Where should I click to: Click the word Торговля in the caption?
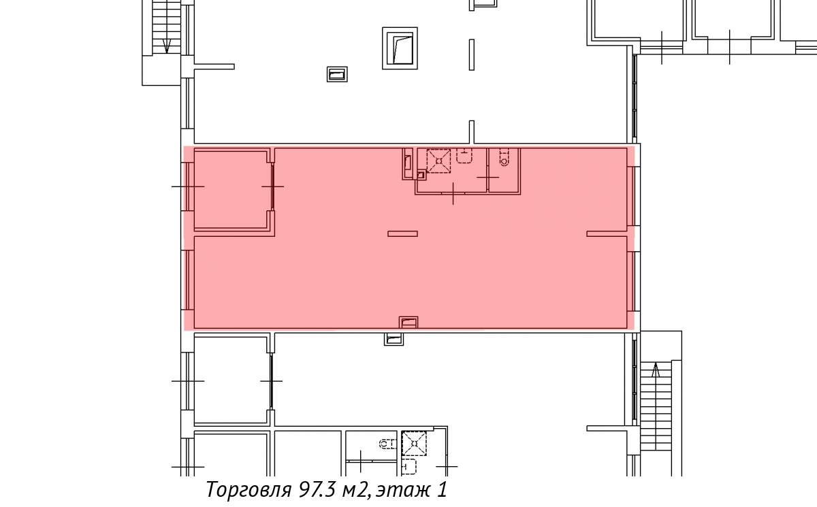pyautogui.click(x=249, y=490)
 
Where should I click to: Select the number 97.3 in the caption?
pyautogui.click(x=317, y=489)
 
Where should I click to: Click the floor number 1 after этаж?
pyautogui.click(x=442, y=489)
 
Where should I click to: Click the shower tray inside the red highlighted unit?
pyautogui.click(x=438, y=161)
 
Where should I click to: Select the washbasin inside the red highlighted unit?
pyautogui.click(x=464, y=156)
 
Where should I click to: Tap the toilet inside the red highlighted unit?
pyautogui.click(x=504, y=157)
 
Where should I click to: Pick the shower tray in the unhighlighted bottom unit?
pyautogui.click(x=414, y=444)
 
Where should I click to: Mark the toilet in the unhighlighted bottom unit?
pyautogui.click(x=387, y=444)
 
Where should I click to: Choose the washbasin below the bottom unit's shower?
pyautogui.click(x=409, y=467)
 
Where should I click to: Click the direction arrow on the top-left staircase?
pyautogui.click(x=167, y=45)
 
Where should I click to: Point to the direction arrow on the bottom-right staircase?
pyautogui.click(x=656, y=370)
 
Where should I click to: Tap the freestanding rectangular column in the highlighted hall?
pyautogui.click(x=402, y=233)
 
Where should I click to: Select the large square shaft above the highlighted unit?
pyautogui.click(x=400, y=48)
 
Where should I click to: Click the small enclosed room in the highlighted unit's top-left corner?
pyautogui.click(x=232, y=189)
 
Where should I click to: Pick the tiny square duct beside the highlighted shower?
pyautogui.click(x=421, y=176)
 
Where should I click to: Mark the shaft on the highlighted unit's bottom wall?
pyautogui.click(x=408, y=322)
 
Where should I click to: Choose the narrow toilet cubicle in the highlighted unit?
pyautogui.click(x=504, y=170)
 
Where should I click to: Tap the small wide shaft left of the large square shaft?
pyautogui.click(x=337, y=74)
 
